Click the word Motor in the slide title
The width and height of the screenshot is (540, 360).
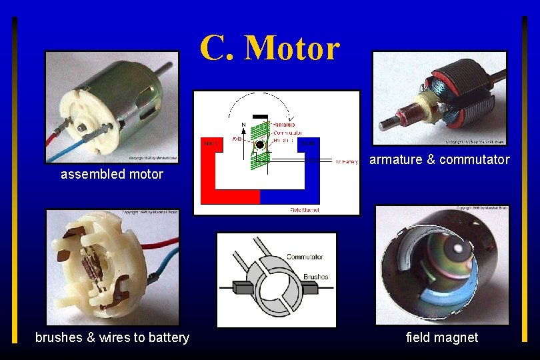pos(292,47)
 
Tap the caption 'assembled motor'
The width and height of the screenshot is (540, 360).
pos(111,175)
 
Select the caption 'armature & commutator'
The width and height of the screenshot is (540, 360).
pos(439,159)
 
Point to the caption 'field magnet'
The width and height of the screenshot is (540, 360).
pos(442,337)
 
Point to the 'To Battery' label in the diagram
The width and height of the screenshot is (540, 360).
pos(346,161)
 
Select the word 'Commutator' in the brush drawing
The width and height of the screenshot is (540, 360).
pos(305,257)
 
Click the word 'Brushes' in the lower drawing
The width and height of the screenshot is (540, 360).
pos(315,277)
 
